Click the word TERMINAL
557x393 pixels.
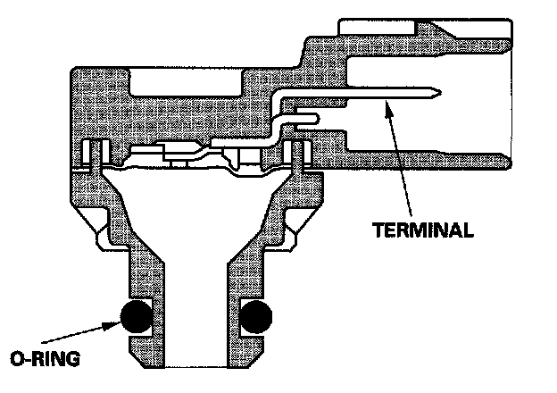pyautogui.click(x=422, y=230)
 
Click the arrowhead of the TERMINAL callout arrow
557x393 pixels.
pyautogui.click(x=386, y=105)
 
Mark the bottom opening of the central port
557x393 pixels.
pyautogui.click(x=196, y=362)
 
